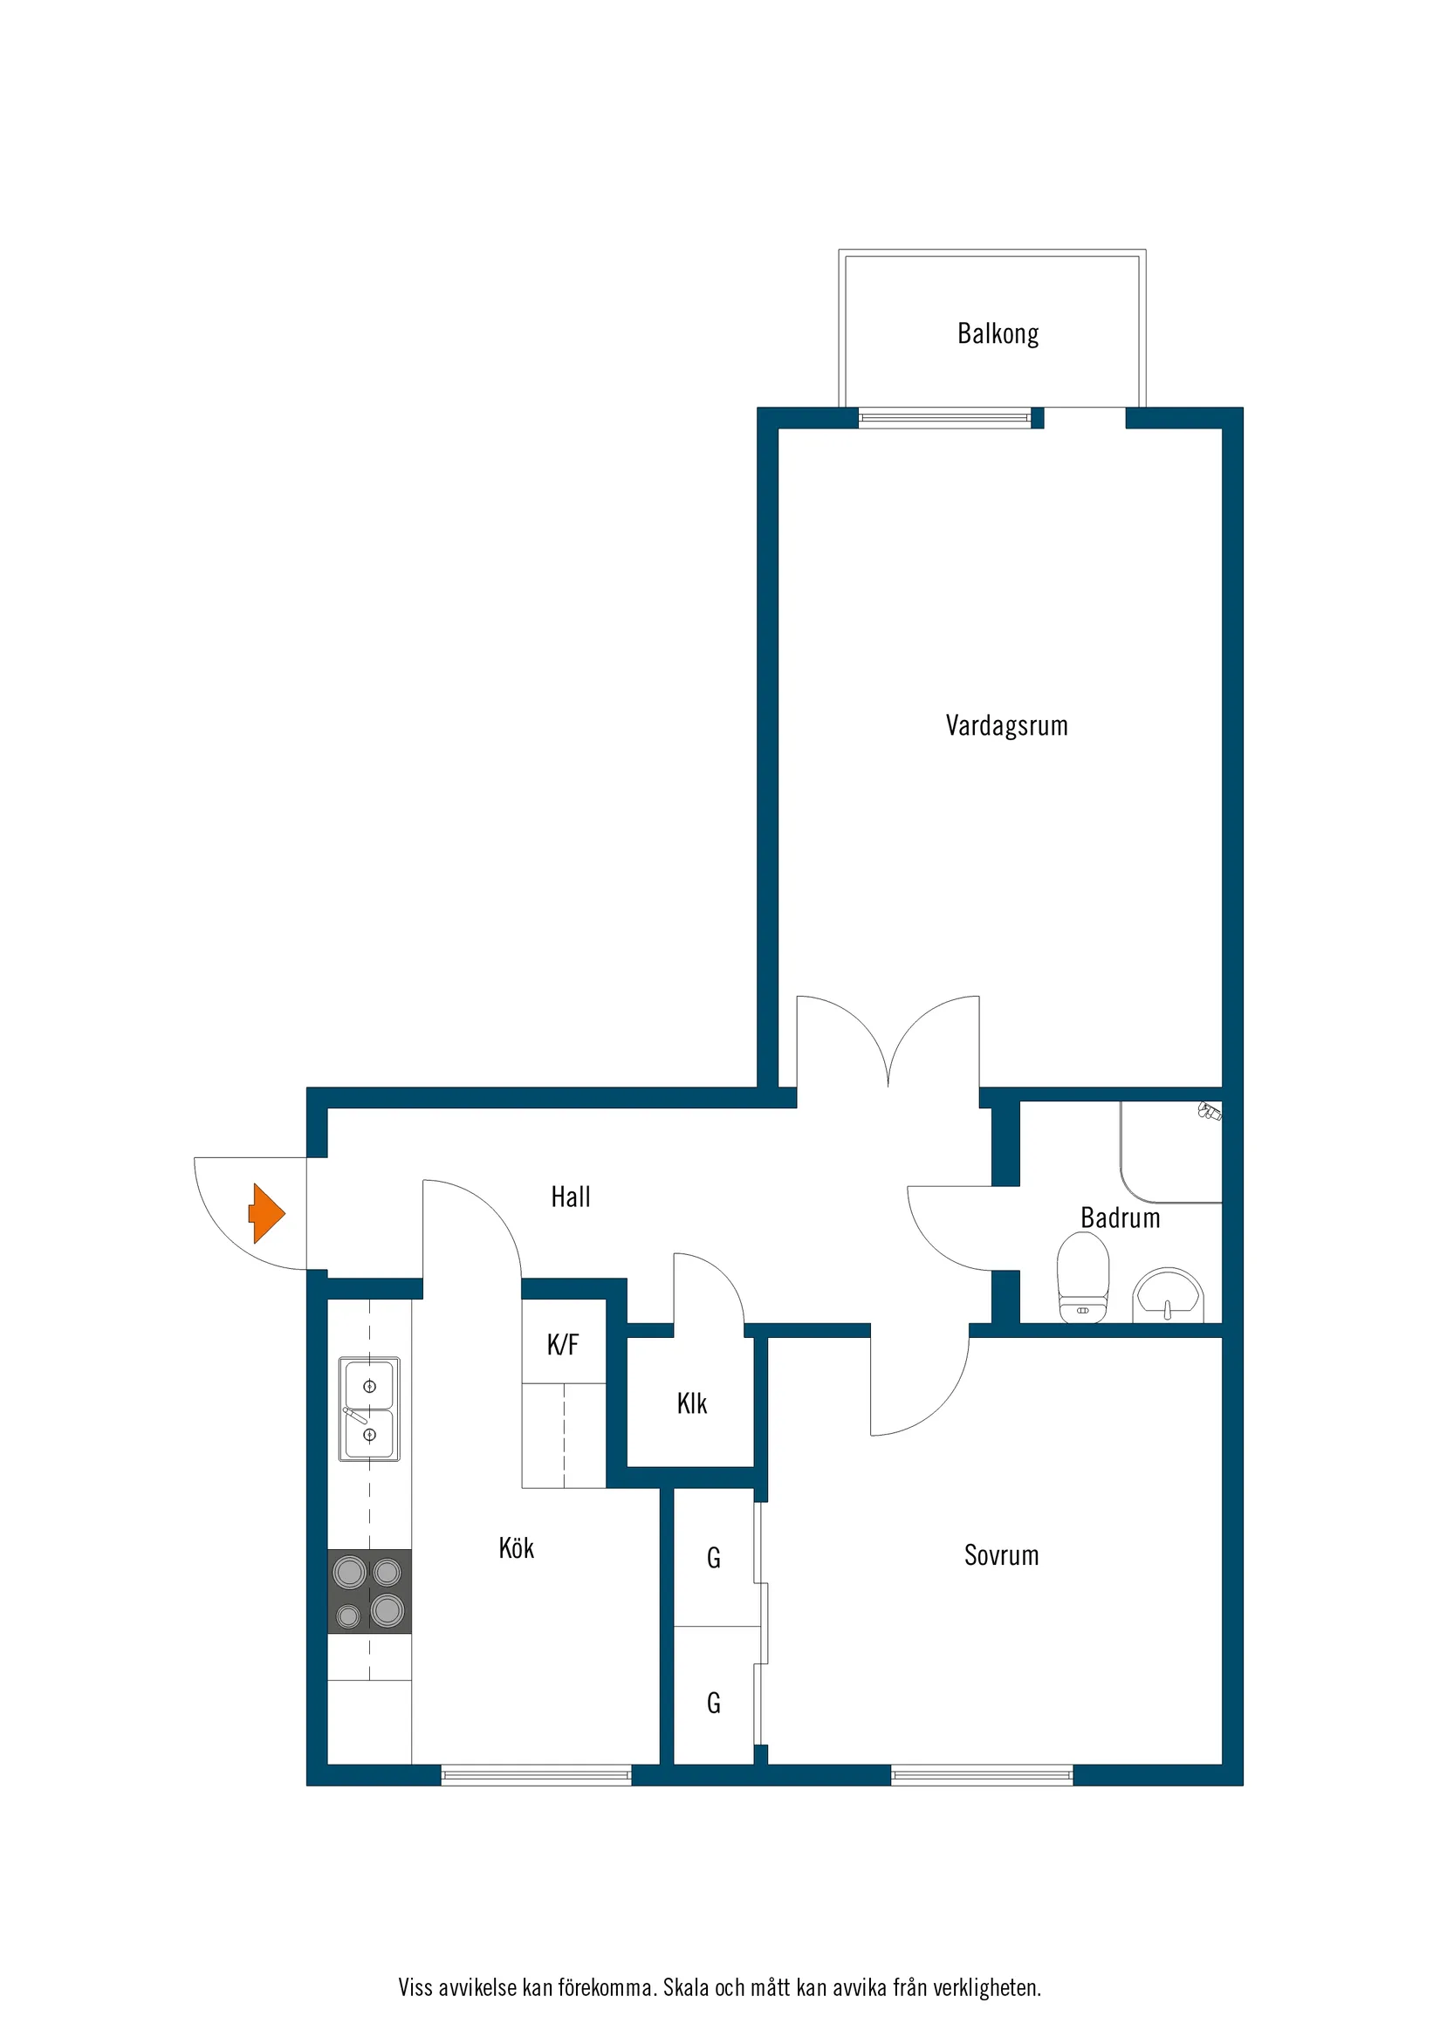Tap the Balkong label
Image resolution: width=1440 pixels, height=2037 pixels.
998,334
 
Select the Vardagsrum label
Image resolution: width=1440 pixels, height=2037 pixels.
1006,726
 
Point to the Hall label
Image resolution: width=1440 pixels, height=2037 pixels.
571,1197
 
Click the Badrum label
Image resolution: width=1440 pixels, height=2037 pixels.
1120,1218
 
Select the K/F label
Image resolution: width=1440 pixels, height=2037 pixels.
563,1344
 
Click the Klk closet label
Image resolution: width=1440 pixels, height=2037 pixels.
692,1403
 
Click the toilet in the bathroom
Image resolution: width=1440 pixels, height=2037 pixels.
1082,1279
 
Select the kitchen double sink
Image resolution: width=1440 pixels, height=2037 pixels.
370,1409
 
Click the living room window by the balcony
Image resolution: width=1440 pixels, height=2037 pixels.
945,417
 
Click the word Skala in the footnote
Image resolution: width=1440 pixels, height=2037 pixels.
686,1987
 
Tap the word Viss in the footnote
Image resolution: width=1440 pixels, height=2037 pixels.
415,1987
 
